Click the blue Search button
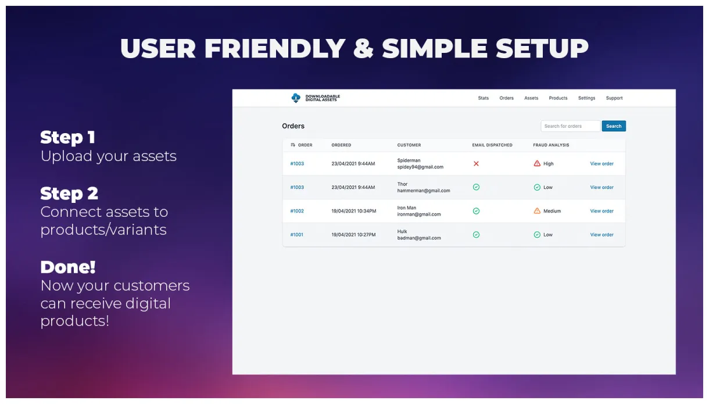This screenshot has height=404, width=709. click(614, 126)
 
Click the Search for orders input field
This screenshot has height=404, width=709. click(570, 126)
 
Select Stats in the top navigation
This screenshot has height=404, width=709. click(483, 98)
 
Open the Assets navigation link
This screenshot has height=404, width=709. click(531, 98)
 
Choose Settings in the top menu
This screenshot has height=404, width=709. click(586, 98)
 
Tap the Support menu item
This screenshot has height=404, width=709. click(614, 98)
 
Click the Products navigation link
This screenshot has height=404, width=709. click(558, 98)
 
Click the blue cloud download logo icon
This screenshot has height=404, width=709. click(296, 98)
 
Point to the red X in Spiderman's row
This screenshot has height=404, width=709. click(476, 164)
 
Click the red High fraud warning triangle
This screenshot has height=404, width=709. click(537, 164)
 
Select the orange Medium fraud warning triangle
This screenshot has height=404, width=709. click(537, 211)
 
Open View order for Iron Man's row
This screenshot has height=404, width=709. click(601, 211)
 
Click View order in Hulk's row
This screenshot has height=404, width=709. click(601, 235)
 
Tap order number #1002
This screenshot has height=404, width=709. click(297, 211)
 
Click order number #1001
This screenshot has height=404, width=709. click(296, 235)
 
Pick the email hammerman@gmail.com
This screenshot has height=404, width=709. click(424, 191)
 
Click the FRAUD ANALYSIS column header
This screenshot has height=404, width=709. click(551, 145)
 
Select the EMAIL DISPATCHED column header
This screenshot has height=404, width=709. click(492, 145)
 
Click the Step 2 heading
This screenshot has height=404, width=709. click(69, 194)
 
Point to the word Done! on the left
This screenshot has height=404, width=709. click(68, 267)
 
